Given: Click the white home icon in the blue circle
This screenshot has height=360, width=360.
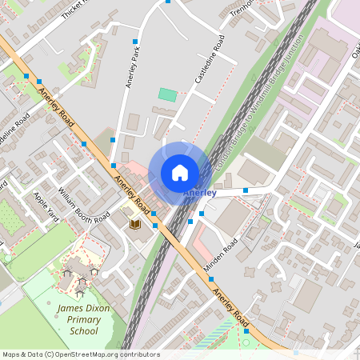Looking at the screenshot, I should point(180,173).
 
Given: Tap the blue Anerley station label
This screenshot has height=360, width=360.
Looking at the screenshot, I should point(199,194).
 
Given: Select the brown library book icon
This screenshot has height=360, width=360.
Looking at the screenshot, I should point(135,224).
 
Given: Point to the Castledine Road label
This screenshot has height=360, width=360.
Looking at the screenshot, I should point(208,60).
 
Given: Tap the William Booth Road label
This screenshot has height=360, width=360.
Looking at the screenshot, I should point(83,205).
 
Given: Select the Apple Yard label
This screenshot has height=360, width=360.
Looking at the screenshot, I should point(46,206).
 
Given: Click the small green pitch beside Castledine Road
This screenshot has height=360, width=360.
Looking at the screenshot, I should point(167,94).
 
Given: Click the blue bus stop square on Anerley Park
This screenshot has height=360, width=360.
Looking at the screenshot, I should point(135,41).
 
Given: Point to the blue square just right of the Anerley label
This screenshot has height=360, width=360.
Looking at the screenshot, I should point(246,190).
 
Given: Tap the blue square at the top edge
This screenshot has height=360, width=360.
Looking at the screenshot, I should point(168,2).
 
